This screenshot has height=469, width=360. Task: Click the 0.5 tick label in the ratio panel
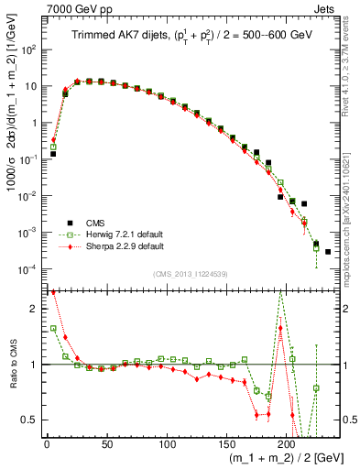click(28, 420)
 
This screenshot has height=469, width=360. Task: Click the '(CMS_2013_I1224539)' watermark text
click(190, 274)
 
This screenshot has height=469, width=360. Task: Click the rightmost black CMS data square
click(328, 251)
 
